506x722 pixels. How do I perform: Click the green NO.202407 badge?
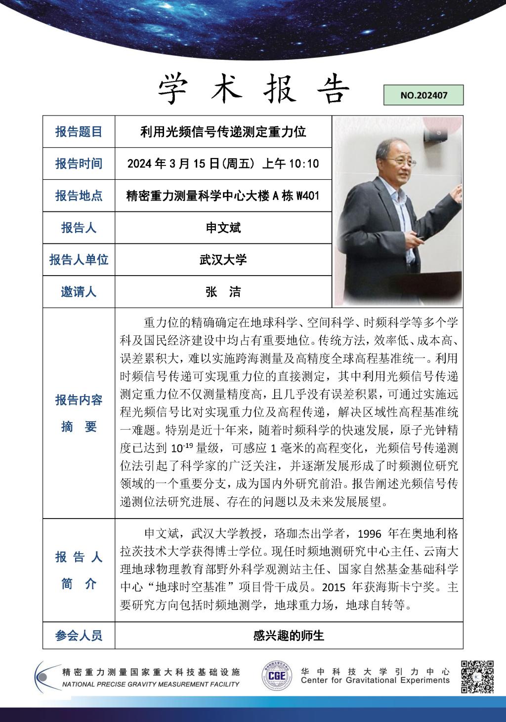[x=423, y=95]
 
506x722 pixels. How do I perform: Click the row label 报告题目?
[x=79, y=132]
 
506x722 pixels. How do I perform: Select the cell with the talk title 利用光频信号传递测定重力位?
[x=223, y=132]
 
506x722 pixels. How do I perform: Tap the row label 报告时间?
[x=79, y=163]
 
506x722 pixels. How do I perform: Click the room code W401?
[x=307, y=196]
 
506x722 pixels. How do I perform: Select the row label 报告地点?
[x=79, y=196]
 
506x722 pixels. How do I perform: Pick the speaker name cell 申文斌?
[x=223, y=228]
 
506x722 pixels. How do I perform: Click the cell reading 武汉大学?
[x=223, y=260]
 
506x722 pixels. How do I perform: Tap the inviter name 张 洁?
[x=223, y=292]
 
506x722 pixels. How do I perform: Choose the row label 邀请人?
[x=79, y=292]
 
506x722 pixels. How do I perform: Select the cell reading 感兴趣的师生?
[x=289, y=635]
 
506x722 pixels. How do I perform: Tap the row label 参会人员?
[x=79, y=635]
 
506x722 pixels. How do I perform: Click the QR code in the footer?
[x=477, y=677]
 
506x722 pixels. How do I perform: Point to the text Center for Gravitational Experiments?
[x=375, y=681]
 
